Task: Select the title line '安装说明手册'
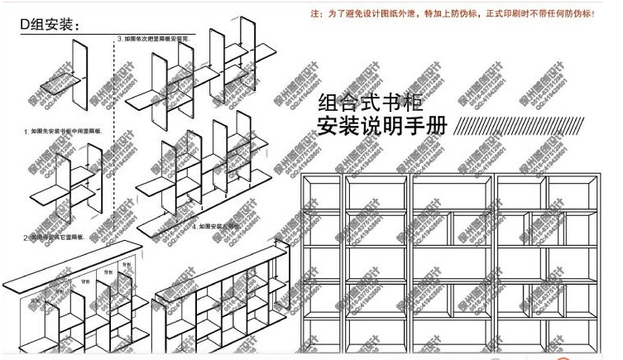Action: click(x=382, y=127)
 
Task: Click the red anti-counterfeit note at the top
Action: click(x=451, y=14)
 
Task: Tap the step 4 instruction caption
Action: click(x=215, y=225)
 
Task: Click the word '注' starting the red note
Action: click(x=314, y=14)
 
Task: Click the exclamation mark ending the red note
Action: click(x=592, y=14)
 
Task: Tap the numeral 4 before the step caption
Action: click(x=194, y=225)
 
